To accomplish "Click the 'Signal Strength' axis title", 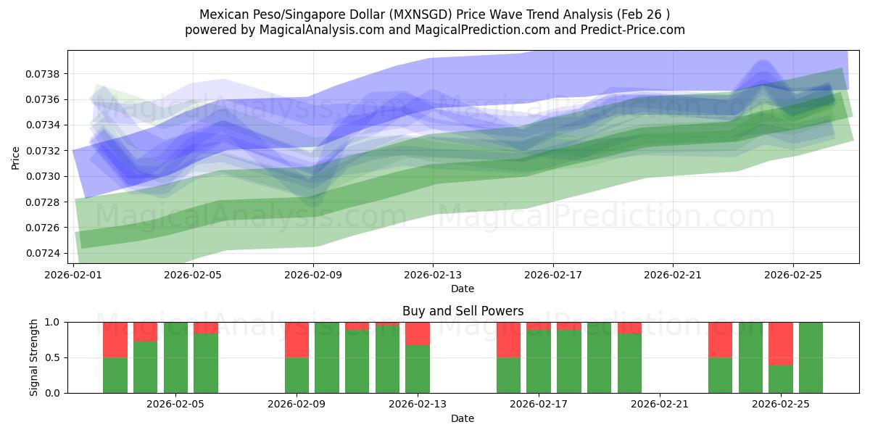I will click(x=34, y=357).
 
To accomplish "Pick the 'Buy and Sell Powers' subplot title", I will click(x=463, y=311).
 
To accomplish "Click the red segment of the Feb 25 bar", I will click(x=780, y=343).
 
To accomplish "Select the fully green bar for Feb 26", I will click(x=811, y=357).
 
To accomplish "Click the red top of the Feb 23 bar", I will click(x=720, y=339).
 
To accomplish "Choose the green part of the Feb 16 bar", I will click(x=508, y=375).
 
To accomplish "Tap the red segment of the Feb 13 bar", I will click(x=418, y=333).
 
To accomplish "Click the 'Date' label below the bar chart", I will click(x=463, y=418).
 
